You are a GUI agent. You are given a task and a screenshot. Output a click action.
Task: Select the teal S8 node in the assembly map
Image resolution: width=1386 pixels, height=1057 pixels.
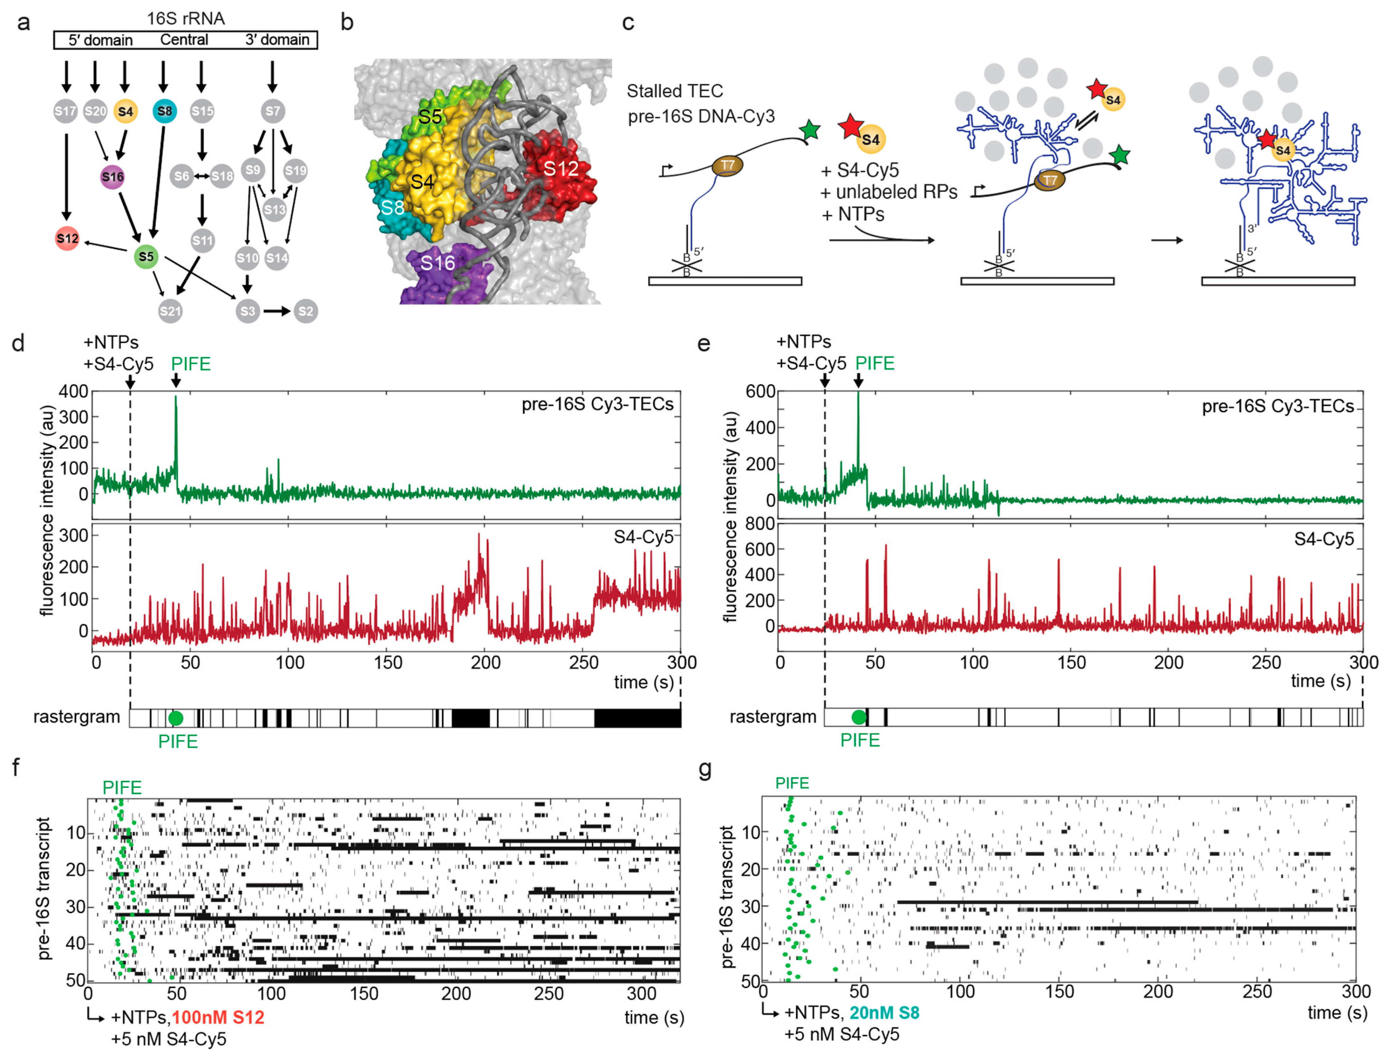point(164,111)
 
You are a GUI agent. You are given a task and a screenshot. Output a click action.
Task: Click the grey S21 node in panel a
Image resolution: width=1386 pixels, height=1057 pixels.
point(170,311)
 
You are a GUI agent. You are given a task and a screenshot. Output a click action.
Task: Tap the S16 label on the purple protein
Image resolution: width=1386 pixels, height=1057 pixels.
point(437,263)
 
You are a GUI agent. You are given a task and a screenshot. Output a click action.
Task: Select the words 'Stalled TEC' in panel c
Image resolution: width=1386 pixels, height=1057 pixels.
point(674,91)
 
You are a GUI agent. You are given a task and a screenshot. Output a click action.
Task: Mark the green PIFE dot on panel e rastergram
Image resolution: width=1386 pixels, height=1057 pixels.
point(858,717)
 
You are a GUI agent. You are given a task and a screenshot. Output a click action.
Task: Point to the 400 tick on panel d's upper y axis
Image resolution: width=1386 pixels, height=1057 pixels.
point(74,391)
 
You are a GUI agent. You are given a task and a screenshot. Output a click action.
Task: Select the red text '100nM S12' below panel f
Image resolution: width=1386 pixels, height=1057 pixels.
point(218,1017)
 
